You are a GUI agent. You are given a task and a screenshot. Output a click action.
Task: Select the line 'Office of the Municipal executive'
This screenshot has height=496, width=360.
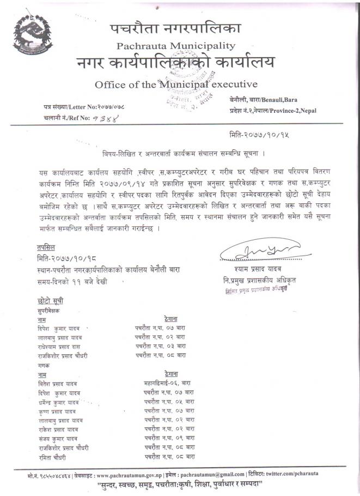click(x=175, y=84)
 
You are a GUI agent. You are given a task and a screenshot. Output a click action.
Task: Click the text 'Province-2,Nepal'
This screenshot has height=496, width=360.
click(x=294, y=110)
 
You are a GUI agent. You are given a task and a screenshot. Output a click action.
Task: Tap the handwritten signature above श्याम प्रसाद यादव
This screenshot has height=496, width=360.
click(x=252, y=252)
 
